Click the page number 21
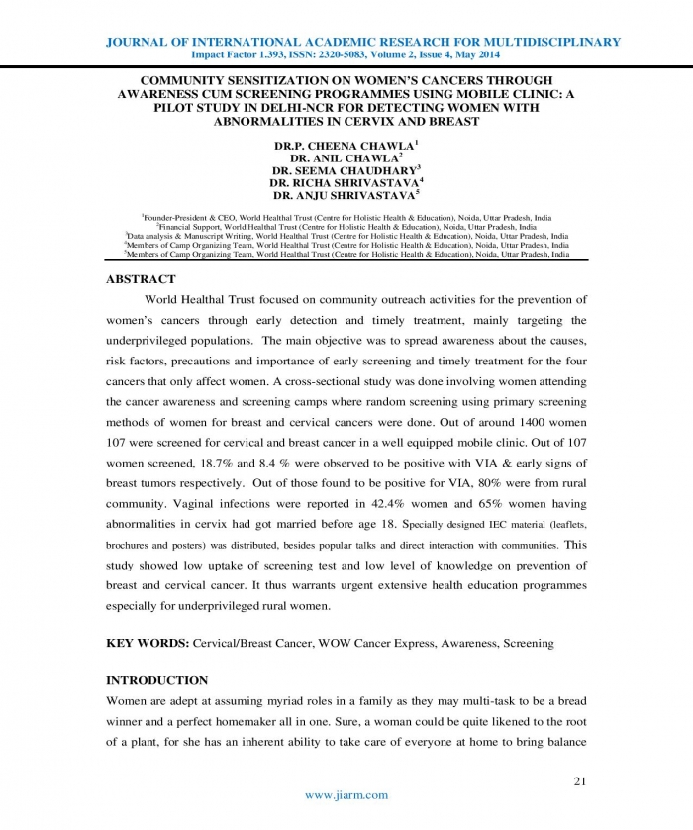(581, 781)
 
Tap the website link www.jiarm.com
(346, 794)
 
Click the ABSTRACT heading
(141, 279)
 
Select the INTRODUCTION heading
(156, 680)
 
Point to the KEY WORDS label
(148, 643)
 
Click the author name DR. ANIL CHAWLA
(346, 157)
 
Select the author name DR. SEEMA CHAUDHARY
(346, 169)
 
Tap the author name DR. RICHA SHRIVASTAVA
(346, 182)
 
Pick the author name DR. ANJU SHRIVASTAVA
(346, 195)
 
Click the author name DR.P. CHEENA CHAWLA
(346, 145)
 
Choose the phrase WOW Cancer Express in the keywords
(378, 643)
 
